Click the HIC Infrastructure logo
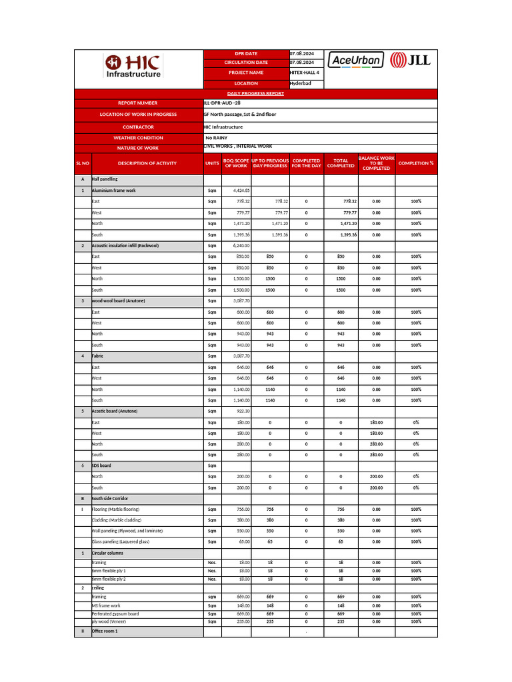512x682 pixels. [133, 67]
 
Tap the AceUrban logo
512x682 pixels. [356, 60]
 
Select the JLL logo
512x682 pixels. [410, 60]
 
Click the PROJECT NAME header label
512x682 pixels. [246, 73]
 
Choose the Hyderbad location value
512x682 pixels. [300, 83]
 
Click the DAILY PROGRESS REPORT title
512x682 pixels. [256, 94]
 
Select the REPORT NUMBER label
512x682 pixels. [138, 103]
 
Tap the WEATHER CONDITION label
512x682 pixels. [138, 138]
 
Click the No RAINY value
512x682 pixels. [217, 138]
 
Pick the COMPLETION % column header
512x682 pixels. [416, 163]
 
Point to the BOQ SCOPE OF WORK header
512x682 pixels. [236, 163]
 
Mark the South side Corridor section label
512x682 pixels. [110, 498]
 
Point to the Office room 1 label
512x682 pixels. [105, 631]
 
